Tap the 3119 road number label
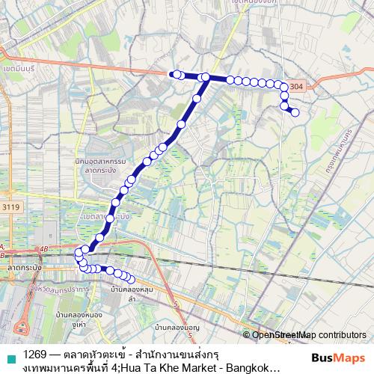point(11,207)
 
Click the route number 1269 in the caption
point(33,351)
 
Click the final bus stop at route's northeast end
point(295,113)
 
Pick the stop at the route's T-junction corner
point(204,77)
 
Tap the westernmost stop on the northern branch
point(174,73)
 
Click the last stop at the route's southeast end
point(132,280)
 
